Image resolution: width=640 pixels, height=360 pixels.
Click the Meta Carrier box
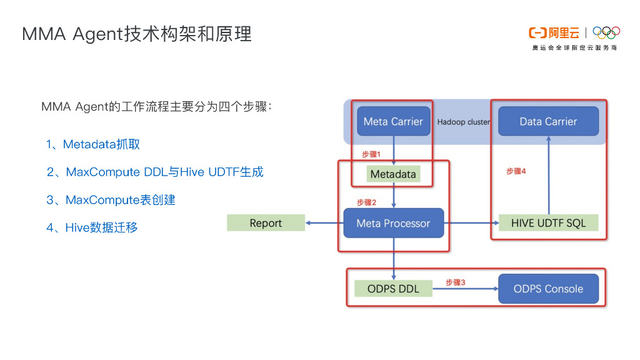[x=393, y=121]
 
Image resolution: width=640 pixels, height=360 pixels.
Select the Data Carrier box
[x=548, y=121]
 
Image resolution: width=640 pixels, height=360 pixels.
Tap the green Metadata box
[x=393, y=174]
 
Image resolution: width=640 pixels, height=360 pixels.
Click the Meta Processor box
[x=393, y=223]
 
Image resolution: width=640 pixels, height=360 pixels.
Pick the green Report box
[x=266, y=223]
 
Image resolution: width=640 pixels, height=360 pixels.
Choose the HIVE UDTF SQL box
[x=548, y=223]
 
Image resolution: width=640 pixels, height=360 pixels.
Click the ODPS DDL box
[x=393, y=289]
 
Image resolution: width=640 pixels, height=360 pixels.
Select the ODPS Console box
[x=548, y=289]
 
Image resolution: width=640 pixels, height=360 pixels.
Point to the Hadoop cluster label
[x=463, y=122]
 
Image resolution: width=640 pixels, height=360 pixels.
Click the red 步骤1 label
[x=371, y=154]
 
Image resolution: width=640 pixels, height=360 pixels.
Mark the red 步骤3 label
[x=455, y=282]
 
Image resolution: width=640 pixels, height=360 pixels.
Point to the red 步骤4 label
[x=516, y=171]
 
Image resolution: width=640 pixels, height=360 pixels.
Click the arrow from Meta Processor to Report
[x=324, y=223]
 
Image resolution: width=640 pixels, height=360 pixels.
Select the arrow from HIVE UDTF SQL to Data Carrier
[x=548, y=176]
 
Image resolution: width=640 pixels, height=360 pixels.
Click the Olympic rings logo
[x=606, y=32]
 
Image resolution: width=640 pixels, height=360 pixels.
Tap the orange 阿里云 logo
[x=554, y=32]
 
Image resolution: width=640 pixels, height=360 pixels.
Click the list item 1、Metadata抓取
[x=93, y=144]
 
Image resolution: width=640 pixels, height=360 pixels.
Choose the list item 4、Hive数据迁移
[x=92, y=227]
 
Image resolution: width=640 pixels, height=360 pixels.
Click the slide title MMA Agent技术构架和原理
[x=137, y=34]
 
